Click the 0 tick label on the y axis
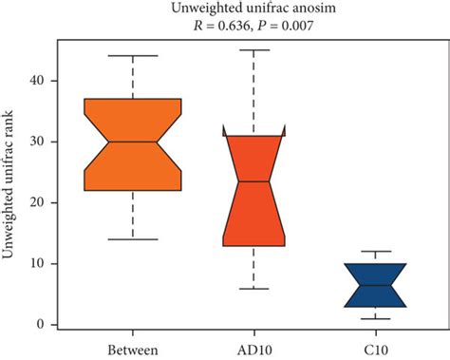pos(40,325)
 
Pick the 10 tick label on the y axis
pos(37,263)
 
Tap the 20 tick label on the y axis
pos(37,202)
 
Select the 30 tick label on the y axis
pos(37,142)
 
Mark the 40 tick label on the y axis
pos(37,81)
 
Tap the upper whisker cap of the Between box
pos(133,56)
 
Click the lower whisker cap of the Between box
pos(133,238)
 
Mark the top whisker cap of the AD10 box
pos(253,49)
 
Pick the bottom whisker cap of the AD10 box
pos(253,288)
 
